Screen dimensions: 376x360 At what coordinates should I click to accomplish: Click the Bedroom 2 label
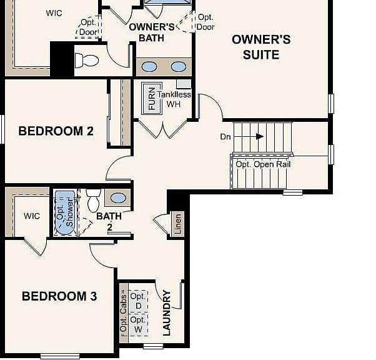(x=56, y=131)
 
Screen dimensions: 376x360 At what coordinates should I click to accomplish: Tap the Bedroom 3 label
(x=59, y=296)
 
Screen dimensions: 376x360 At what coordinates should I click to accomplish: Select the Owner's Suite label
(x=261, y=47)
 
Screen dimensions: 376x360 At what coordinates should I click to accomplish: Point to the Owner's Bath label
(x=152, y=32)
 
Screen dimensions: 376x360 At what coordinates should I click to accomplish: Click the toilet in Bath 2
(x=94, y=200)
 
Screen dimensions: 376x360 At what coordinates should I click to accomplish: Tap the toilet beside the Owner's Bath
(x=87, y=60)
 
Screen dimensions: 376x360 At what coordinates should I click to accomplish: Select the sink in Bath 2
(x=118, y=198)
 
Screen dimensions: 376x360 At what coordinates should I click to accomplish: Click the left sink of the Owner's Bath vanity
(x=149, y=67)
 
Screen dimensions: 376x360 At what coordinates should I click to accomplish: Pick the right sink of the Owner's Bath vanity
(x=179, y=67)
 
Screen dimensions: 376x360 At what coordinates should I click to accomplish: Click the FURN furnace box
(x=152, y=98)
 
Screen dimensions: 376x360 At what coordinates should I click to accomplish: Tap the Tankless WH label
(x=174, y=99)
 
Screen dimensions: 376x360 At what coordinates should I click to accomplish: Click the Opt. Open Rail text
(x=263, y=164)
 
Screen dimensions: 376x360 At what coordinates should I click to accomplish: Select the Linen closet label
(x=178, y=224)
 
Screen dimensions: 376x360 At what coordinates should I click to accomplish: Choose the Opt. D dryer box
(x=138, y=301)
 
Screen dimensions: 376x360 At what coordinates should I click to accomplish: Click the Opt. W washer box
(x=138, y=325)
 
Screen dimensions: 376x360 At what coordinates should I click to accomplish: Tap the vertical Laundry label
(x=166, y=313)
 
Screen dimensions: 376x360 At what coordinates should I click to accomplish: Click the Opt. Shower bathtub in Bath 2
(x=65, y=212)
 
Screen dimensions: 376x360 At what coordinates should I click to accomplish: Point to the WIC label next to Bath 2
(x=32, y=216)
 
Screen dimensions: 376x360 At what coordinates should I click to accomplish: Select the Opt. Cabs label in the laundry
(x=124, y=313)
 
